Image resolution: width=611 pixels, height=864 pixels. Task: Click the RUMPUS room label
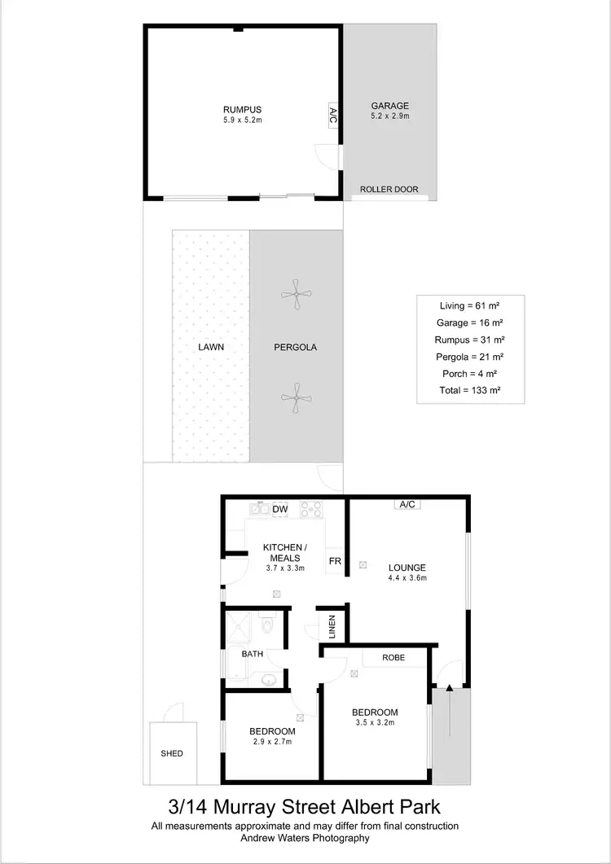coord(243,109)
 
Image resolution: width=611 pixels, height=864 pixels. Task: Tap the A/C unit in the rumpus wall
coord(333,114)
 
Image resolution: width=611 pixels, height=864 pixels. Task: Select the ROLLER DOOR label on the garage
coord(389,190)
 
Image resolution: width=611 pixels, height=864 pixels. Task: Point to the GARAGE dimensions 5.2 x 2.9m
coord(389,116)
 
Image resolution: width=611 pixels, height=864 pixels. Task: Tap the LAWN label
coord(210,347)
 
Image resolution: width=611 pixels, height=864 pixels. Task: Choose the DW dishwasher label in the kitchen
coord(279,510)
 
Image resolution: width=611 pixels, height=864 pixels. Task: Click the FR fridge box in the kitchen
coord(334,561)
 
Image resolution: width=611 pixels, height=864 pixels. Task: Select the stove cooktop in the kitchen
coord(310,509)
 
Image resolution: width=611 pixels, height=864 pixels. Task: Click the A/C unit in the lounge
coord(407,504)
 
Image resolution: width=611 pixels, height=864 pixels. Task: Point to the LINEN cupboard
coord(332,625)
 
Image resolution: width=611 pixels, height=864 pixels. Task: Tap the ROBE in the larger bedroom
coord(394,657)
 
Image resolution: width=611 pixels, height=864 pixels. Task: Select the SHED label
coord(172,753)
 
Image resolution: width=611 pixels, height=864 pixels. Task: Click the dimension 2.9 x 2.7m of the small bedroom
coord(272,741)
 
